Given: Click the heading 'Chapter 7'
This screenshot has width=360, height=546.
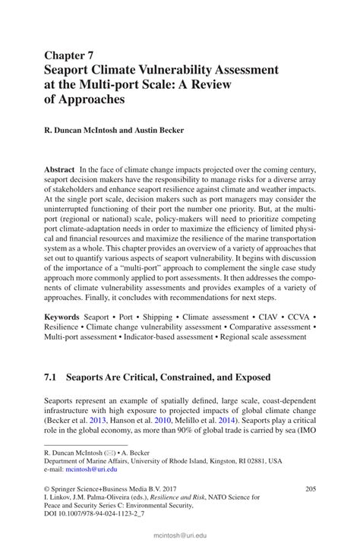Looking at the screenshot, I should tap(71, 55).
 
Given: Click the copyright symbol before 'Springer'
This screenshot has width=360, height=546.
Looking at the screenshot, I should tap(47, 491).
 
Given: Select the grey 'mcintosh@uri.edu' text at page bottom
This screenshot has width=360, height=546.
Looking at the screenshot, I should tap(180, 535).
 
